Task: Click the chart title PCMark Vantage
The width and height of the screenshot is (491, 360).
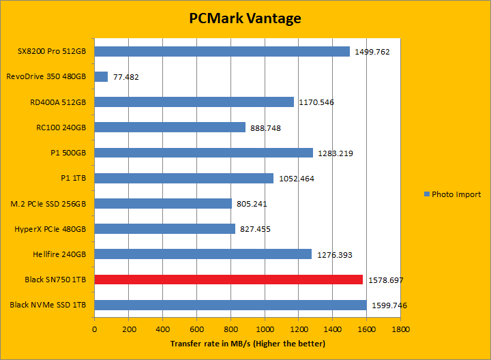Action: (x=245, y=18)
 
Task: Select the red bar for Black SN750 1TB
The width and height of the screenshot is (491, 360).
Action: (x=228, y=280)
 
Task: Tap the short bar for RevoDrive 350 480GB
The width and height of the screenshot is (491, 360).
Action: (x=101, y=76)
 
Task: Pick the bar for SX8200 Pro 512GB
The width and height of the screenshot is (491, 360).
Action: (x=222, y=51)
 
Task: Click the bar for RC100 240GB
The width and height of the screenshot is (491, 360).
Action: (x=170, y=127)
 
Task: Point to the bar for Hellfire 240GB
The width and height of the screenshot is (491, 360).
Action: (x=203, y=254)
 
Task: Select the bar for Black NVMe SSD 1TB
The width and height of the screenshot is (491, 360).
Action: (x=230, y=305)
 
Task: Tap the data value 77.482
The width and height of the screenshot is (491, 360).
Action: (x=125, y=77)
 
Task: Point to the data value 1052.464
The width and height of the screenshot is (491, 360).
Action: (x=297, y=179)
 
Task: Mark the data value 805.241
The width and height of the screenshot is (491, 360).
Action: (x=254, y=204)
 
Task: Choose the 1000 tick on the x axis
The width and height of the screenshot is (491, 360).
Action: (x=265, y=328)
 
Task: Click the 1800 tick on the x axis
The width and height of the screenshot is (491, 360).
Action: (x=400, y=328)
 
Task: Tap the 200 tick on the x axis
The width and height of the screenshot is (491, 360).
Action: (x=128, y=328)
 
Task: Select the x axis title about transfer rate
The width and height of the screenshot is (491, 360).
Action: (x=248, y=343)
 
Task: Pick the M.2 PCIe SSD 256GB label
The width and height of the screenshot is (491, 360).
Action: (x=48, y=203)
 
